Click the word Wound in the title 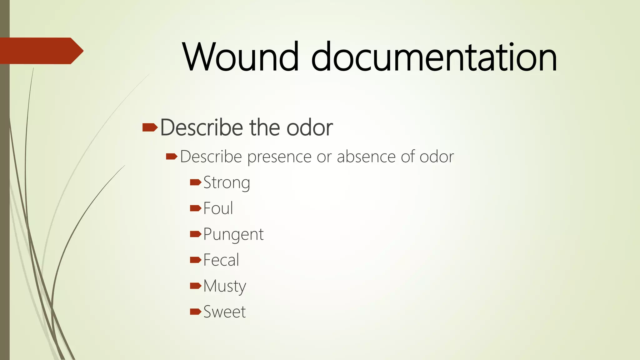(240, 57)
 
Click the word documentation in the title (434, 57)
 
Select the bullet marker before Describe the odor (150, 127)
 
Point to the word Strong (227, 182)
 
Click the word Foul (218, 208)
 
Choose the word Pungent (233, 234)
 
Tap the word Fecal (221, 260)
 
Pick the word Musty (225, 286)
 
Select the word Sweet (224, 312)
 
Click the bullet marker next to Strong (195, 182)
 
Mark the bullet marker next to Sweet (195, 311)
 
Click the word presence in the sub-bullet (279, 157)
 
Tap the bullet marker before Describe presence (172, 156)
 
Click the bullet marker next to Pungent (195, 234)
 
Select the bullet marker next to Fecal (195, 260)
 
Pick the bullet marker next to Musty (195, 285)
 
